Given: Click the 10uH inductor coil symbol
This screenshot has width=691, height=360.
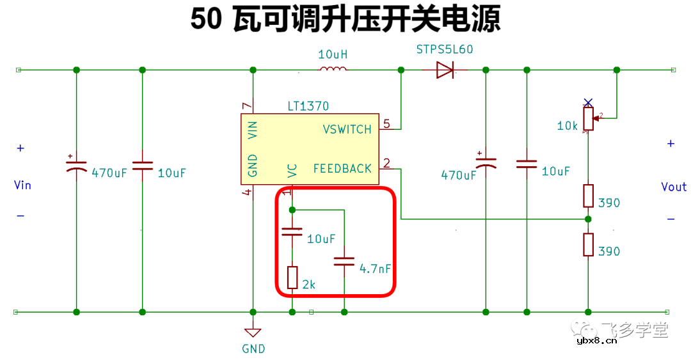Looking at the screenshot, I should click(x=333, y=69).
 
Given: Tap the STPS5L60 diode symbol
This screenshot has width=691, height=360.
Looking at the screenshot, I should click(x=445, y=70).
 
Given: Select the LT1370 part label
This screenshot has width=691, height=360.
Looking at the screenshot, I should click(x=308, y=106).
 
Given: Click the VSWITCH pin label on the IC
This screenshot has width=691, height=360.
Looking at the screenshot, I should click(x=347, y=129).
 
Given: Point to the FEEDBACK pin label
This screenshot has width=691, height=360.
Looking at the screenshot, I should click(x=342, y=169).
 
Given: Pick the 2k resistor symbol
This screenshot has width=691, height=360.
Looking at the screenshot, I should click(x=292, y=278).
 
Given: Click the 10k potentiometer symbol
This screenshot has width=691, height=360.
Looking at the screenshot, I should click(x=589, y=118).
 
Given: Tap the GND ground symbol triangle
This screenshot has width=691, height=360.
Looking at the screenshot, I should click(x=253, y=333).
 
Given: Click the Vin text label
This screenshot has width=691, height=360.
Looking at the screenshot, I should click(x=22, y=185).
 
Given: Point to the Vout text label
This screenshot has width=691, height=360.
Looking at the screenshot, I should click(x=674, y=187).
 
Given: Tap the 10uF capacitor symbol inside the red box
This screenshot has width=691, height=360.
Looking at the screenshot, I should click(x=292, y=231).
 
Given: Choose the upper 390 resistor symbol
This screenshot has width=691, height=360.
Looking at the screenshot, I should click(x=589, y=196).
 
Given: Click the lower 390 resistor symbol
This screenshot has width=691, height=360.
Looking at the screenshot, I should click(x=589, y=244).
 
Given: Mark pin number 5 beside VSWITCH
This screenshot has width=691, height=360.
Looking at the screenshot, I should click(x=386, y=123).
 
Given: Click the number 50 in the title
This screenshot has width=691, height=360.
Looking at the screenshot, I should click(x=205, y=20).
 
